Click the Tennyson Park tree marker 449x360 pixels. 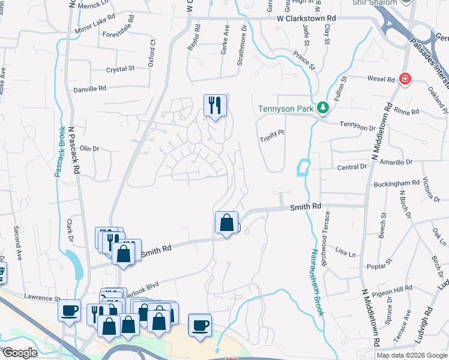[x=324, y=108]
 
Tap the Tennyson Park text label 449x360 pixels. [x=286, y=109]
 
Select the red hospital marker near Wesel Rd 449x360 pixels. [x=406, y=79]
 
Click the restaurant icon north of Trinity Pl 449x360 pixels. [x=214, y=106]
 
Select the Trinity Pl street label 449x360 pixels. [x=271, y=138]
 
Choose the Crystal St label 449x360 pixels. [x=120, y=70]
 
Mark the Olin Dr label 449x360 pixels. [x=89, y=148]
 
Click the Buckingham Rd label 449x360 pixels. [x=395, y=183]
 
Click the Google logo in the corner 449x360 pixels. [x=19, y=353]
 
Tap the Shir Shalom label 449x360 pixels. [x=380, y=2]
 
